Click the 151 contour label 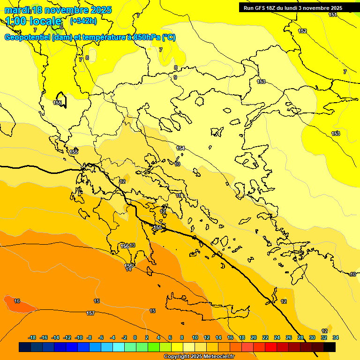click(332, 15)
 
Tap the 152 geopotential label click(302, 31)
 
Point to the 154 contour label click(180, 148)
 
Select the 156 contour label click(125, 246)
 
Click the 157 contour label click(90, 313)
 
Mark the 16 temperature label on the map click(17, 301)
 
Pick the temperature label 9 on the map click(175, 77)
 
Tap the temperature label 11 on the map click(179, 195)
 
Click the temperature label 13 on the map click(133, 246)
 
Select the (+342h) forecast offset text click(83, 21)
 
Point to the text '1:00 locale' click(33, 21)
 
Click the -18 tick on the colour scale click(32, 337)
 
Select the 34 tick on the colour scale click(336, 337)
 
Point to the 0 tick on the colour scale click(135, 337)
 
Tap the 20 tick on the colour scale click(254, 337)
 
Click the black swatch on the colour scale click(330, 347)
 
